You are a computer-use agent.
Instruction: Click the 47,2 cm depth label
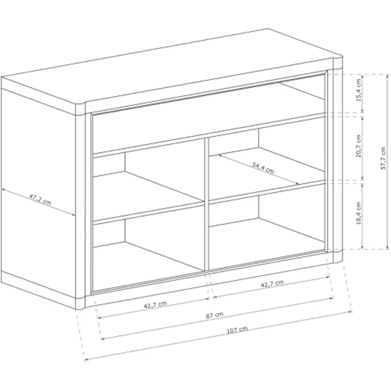(x=40, y=199)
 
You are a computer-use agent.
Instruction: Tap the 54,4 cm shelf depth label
(x=263, y=168)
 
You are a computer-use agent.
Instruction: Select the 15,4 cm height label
(x=359, y=90)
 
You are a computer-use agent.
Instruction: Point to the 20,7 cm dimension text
(x=359, y=146)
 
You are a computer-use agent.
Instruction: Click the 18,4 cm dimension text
(x=359, y=213)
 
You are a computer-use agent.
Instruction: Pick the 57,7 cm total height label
(x=383, y=158)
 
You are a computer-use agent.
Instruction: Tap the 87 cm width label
(x=215, y=316)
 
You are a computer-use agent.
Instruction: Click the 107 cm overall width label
(x=237, y=330)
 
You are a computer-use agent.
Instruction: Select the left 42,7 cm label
(x=155, y=305)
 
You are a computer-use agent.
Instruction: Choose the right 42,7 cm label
(x=272, y=284)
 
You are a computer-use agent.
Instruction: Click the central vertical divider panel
(x=207, y=205)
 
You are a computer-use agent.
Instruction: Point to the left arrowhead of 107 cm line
(x=87, y=360)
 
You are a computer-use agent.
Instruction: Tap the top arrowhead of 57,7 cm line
(x=387, y=76)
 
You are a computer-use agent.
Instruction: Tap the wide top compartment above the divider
(x=209, y=117)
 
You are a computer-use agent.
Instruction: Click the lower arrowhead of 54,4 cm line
(x=297, y=183)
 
